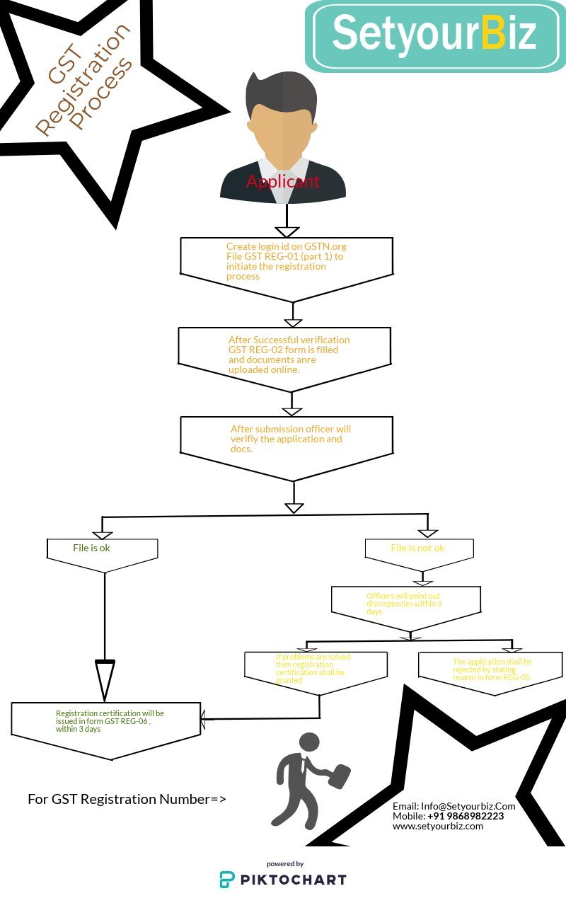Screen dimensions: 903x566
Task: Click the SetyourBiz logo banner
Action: pyautogui.click(x=435, y=35)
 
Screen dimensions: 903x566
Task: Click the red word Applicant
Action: pyautogui.click(x=282, y=182)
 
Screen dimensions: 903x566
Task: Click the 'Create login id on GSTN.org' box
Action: pyautogui.click(x=287, y=261)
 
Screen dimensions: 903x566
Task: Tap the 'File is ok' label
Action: pyautogui.click(x=92, y=548)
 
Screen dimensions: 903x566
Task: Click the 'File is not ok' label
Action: pyautogui.click(x=417, y=548)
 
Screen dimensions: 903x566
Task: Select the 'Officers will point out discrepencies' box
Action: pyautogui.click(x=405, y=604)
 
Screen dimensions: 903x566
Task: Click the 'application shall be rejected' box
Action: pyautogui.click(x=491, y=669)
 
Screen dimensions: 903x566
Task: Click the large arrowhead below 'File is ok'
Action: pyautogui.click(x=105, y=679)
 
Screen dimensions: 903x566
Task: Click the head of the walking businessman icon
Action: pyautogui.click(x=309, y=742)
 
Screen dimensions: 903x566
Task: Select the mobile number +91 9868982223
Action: pyautogui.click(x=466, y=816)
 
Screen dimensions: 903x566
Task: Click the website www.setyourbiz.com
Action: pyautogui.click(x=438, y=826)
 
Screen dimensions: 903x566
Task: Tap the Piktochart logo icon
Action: pyautogui.click(x=227, y=880)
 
